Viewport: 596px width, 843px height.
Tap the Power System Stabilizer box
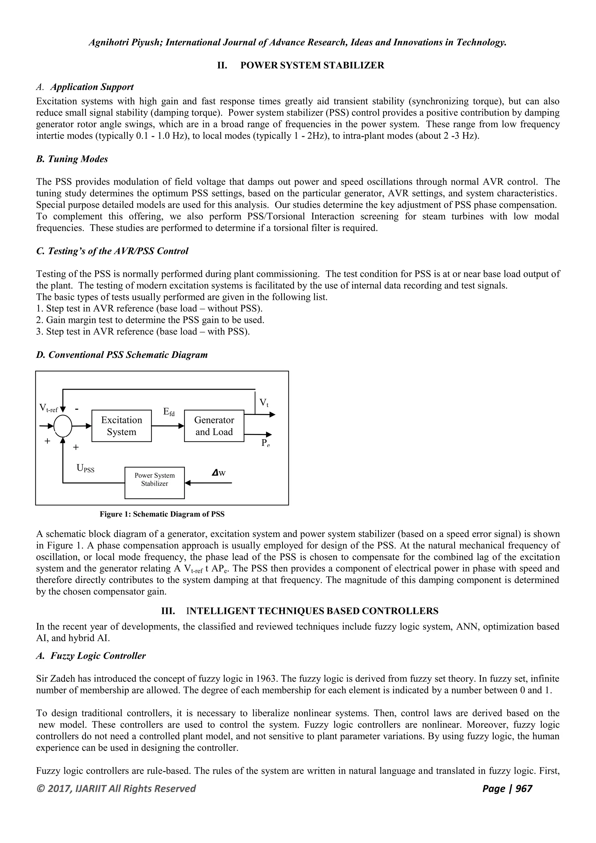tap(155, 483)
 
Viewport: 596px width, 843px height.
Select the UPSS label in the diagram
tap(85, 468)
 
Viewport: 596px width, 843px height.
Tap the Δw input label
tap(219, 473)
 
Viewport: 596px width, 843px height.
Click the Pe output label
tap(265, 443)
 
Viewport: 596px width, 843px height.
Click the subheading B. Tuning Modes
tap(72, 159)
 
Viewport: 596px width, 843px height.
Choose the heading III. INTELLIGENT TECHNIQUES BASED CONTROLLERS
tap(300, 611)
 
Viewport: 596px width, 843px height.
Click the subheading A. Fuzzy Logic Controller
tap(91, 656)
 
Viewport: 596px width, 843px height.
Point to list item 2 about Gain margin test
tap(150, 320)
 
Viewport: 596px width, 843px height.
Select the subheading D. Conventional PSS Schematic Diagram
tap(122, 355)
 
